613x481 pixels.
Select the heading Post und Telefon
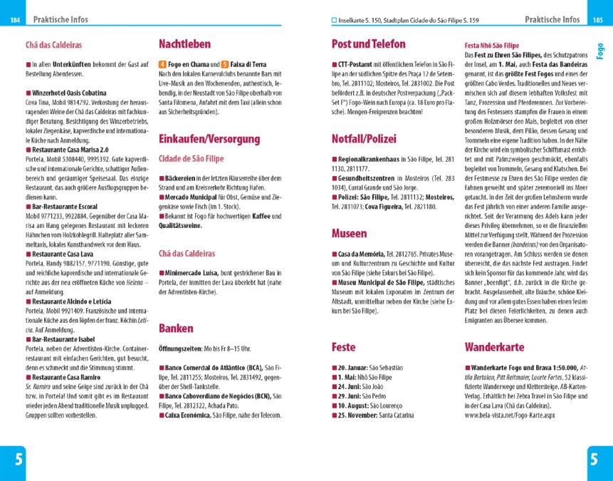[369, 43]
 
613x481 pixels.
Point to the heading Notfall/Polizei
[364, 138]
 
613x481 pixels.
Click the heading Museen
[350, 233]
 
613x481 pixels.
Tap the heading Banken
[176, 329]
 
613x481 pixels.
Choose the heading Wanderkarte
[498, 347]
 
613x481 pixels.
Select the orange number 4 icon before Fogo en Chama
[162, 65]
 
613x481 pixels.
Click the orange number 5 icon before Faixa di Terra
[225, 65]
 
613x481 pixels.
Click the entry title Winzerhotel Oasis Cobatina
[69, 93]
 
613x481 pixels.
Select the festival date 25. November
[359, 414]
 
